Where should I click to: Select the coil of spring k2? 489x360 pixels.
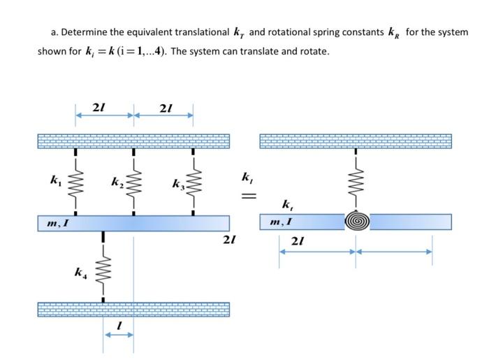(133, 182)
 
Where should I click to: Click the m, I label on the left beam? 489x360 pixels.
(58, 223)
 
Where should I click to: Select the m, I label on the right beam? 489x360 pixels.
(280, 222)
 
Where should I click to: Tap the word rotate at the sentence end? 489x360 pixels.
(314, 52)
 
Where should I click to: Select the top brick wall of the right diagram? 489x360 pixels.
(356, 141)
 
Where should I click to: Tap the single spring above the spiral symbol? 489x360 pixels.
(357, 183)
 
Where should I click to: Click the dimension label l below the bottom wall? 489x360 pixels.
(119, 325)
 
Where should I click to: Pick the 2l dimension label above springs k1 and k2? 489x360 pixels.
(99, 106)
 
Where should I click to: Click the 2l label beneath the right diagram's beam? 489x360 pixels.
(298, 241)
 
